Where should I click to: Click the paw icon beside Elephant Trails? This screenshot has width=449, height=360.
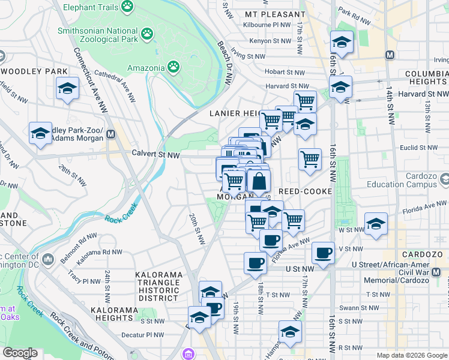[127, 6]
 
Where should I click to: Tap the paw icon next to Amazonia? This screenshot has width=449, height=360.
[173, 67]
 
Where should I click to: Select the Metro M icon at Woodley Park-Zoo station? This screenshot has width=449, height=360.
[110, 136]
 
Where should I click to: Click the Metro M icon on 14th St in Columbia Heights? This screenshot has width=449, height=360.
[390, 55]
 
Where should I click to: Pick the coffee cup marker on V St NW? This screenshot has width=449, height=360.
[323, 252]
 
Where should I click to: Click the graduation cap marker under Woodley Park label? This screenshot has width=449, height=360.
[67, 89]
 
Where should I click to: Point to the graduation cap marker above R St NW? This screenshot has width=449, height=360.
[290, 331]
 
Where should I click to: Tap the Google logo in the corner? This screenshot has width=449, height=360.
[20, 353]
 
